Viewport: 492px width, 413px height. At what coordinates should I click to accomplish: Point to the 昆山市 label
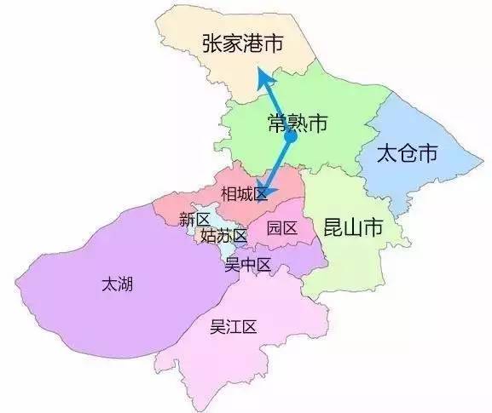[353, 227]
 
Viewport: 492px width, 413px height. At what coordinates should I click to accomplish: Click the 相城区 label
[244, 193]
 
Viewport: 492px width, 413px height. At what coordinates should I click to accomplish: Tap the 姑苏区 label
[223, 236]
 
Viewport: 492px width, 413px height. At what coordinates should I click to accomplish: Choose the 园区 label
[281, 228]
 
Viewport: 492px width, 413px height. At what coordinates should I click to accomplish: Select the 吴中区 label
[247, 265]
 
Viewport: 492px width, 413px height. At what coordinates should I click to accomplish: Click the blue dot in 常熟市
[290, 136]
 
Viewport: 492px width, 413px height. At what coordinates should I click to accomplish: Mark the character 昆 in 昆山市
[333, 227]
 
